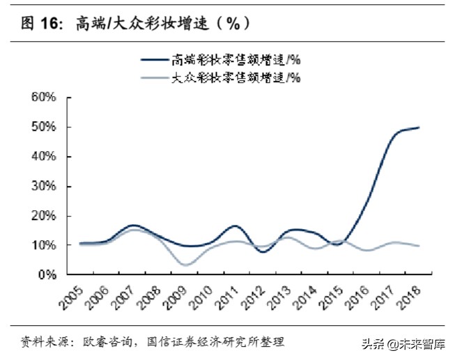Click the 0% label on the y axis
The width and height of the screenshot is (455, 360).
coord(47,275)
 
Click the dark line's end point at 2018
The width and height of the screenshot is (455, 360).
coord(418,127)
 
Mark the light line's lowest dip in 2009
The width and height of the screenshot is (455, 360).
coord(184,265)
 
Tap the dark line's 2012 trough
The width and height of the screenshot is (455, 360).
coord(263,251)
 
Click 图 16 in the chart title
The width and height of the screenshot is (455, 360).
coord(40,23)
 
